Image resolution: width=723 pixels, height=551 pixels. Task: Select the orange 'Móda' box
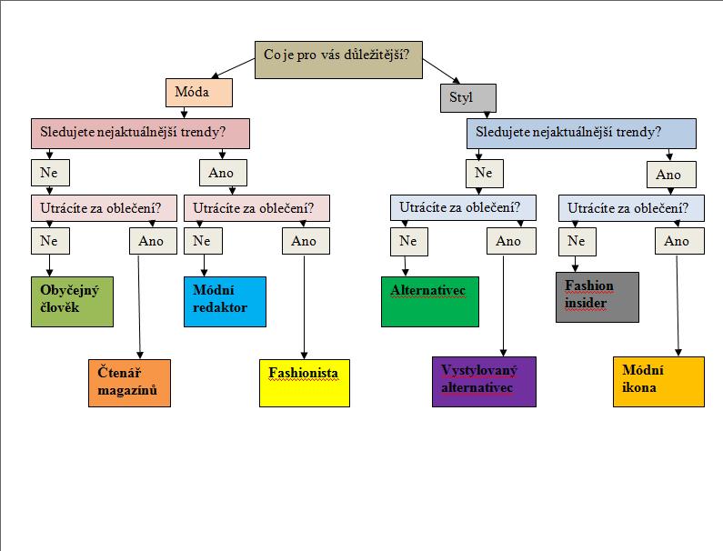pos(199,94)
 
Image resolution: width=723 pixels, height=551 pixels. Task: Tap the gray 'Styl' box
pos(467,97)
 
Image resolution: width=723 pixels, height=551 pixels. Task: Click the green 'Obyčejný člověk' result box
pos(75,301)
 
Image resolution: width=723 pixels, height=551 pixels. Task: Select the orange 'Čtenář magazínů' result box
pos(129,383)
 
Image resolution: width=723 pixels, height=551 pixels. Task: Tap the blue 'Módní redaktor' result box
pos(226,301)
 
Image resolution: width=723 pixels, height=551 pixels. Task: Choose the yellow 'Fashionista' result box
pos(305,383)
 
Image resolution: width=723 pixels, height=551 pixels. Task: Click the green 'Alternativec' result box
pos(429,301)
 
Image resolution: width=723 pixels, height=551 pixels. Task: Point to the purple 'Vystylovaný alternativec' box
pos(484,381)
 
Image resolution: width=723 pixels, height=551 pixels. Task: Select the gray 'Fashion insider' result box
pos(597,296)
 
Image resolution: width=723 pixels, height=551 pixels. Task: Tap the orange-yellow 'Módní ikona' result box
pos(658,382)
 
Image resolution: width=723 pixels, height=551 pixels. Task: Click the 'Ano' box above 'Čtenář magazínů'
pos(152,241)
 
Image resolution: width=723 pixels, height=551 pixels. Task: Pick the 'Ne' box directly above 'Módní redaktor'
pos(202,241)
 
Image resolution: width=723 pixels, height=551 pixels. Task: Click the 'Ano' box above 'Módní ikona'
pos(677,241)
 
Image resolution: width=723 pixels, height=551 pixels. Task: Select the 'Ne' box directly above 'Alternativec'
pos(407,241)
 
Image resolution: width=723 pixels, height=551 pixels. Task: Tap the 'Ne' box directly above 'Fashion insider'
pos(576,241)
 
